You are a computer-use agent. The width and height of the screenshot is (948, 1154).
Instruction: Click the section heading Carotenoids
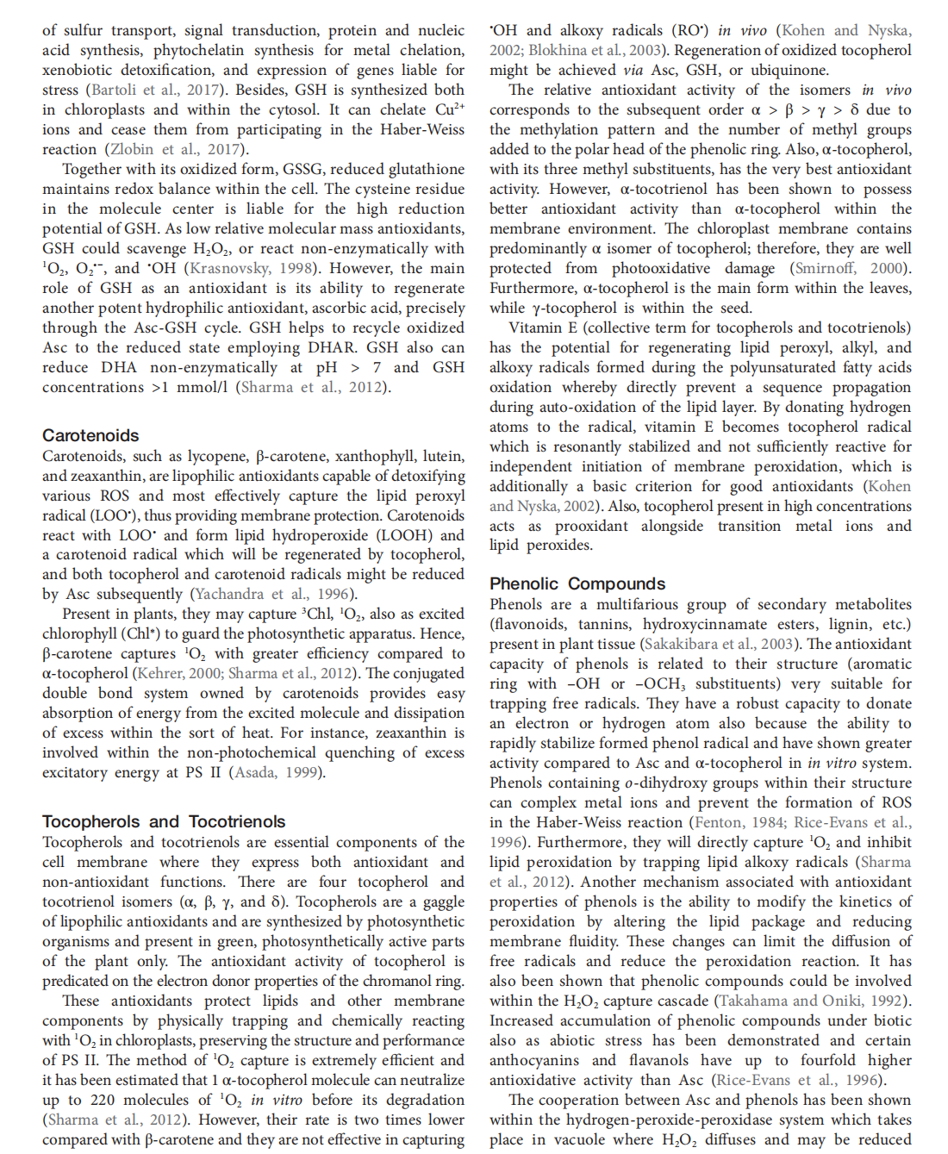(90, 436)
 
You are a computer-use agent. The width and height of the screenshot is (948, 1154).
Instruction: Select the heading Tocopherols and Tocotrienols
(164, 822)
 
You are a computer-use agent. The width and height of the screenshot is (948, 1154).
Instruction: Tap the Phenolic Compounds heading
(577, 584)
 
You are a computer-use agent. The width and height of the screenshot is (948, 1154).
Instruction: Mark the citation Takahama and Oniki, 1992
(813, 1001)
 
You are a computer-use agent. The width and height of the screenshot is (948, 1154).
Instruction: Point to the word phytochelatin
(204, 50)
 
